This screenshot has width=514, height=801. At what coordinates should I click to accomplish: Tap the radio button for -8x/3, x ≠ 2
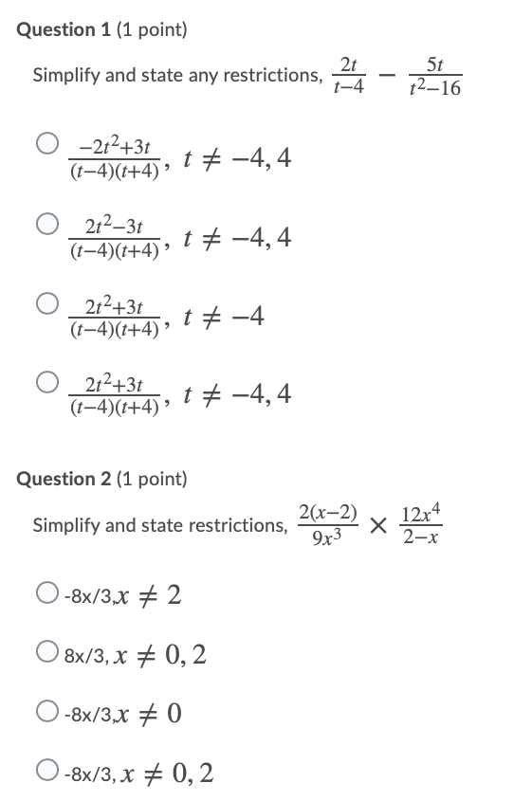click(46, 594)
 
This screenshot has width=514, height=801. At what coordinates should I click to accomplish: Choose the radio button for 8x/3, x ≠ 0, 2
click(46, 653)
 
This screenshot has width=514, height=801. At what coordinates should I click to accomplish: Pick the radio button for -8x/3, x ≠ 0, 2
click(46, 774)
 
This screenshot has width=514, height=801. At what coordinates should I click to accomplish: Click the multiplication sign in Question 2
click(378, 525)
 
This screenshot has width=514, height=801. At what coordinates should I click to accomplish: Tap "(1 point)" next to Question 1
click(152, 29)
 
